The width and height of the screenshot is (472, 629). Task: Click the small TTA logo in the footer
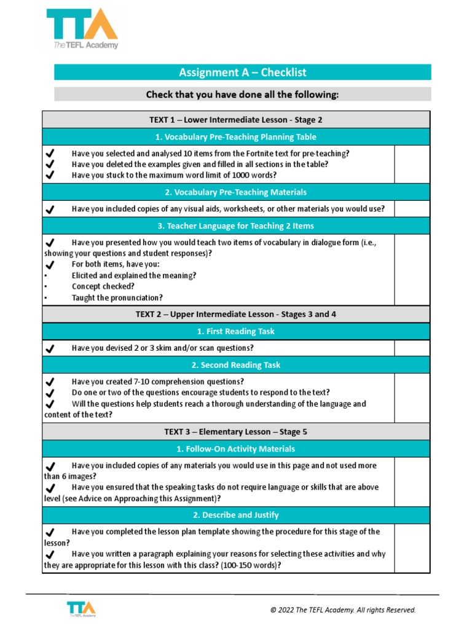click(82, 609)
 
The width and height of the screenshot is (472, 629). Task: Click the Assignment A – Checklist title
click(242, 72)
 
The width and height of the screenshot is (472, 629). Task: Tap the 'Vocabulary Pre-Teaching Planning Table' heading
click(236, 136)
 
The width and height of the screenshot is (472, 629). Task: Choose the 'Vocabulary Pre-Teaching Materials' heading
click(236, 192)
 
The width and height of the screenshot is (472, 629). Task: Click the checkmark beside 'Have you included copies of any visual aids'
click(50, 209)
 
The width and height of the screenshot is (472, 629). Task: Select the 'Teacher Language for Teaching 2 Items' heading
click(236, 225)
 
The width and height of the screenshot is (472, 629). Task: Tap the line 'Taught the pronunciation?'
click(117, 297)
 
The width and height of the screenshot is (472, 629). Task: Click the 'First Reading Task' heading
click(236, 331)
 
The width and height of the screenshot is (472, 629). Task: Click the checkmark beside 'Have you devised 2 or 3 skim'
click(50, 348)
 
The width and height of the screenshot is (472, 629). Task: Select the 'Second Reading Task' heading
click(236, 365)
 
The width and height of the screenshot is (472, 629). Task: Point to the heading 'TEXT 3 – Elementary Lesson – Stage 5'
click(236, 432)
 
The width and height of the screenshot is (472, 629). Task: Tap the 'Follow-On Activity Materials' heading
click(236, 448)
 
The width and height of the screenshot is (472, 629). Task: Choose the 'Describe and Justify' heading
click(236, 515)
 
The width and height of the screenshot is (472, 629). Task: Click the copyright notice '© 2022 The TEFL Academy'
click(343, 610)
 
